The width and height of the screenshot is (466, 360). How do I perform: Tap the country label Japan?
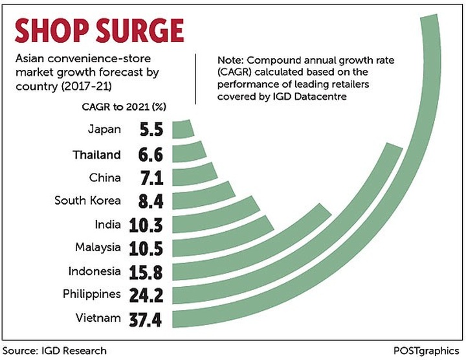tap(104, 129)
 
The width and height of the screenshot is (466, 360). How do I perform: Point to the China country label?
tap(104, 177)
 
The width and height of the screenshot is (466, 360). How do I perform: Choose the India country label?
tap(106, 224)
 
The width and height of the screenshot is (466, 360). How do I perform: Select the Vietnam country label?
tap(98, 318)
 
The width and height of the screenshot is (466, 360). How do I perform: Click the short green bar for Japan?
tap(183, 129)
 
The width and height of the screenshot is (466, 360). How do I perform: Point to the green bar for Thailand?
tap(188, 153)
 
